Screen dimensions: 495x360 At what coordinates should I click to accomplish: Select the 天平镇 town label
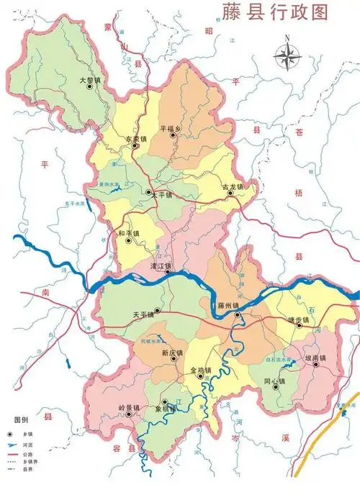tap(145, 315)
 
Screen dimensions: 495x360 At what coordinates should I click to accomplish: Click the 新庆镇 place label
tap(173, 353)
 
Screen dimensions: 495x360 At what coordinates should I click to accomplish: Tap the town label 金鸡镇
tap(200, 371)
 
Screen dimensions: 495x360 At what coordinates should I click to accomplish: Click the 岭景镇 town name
tap(130, 408)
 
